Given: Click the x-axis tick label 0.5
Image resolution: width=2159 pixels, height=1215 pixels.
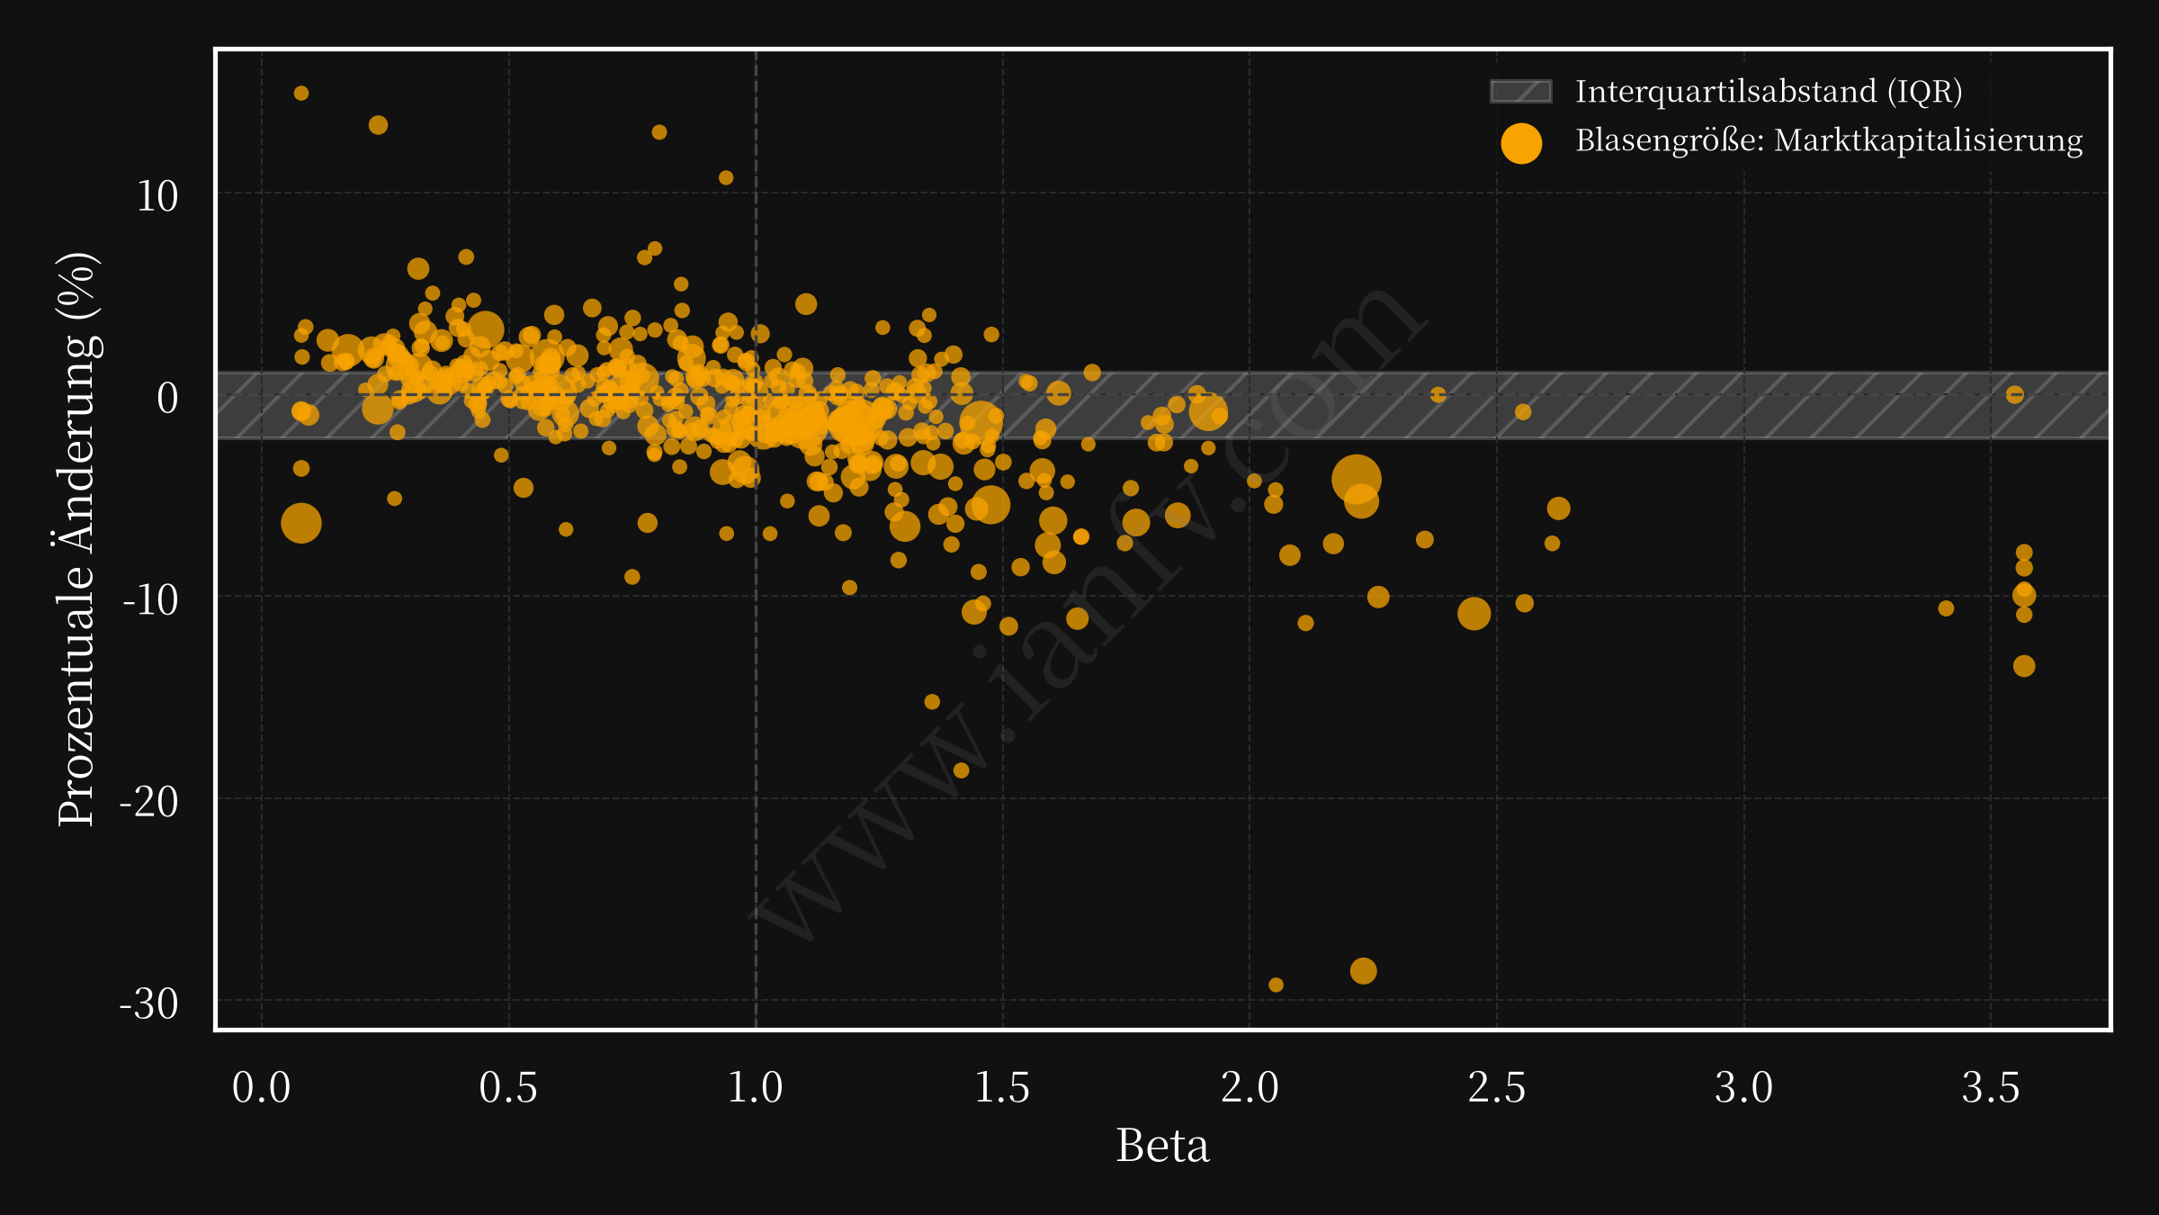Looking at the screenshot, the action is click(508, 1088).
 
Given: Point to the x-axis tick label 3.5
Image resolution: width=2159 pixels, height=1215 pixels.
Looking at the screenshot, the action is click(1991, 1088).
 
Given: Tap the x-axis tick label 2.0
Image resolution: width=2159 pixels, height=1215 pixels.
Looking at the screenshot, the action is click(1250, 1088).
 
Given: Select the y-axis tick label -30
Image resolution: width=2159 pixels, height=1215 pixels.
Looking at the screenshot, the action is click(149, 1003).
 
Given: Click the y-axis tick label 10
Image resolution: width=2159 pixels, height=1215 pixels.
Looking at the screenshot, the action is click(157, 196).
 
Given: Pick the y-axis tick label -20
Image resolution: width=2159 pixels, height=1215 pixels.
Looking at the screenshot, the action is click(149, 801).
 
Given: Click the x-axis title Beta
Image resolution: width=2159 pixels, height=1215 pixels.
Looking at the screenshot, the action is click(1162, 1146).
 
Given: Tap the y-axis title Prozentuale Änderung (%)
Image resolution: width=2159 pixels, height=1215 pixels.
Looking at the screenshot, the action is click(77, 538).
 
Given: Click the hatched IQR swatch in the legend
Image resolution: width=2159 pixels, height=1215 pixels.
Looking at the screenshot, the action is click(1521, 92).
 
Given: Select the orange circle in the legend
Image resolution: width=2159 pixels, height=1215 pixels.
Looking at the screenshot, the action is click(1521, 143).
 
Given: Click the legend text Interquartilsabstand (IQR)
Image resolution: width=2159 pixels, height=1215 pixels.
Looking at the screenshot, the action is click(1769, 92).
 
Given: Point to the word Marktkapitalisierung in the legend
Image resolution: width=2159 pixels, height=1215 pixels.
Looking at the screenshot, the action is click(1929, 140).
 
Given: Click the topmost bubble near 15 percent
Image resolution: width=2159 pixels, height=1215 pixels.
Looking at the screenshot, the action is click(301, 94).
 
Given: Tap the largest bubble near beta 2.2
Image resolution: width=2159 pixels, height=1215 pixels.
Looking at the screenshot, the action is click(1357, 480).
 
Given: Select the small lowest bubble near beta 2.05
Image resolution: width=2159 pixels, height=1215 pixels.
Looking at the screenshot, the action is click(1276, 985).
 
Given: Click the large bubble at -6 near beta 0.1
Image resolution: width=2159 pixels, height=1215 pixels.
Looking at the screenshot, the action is click(301, 524).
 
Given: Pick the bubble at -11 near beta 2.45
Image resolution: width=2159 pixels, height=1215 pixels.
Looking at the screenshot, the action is click(1474, 614).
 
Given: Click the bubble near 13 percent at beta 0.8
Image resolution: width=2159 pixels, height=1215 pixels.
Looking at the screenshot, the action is click(659, 132).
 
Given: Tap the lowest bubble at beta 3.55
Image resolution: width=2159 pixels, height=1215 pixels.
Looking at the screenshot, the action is click(2024, 666).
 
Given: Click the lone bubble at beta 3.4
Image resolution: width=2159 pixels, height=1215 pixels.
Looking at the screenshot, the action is click(1946, 608).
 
